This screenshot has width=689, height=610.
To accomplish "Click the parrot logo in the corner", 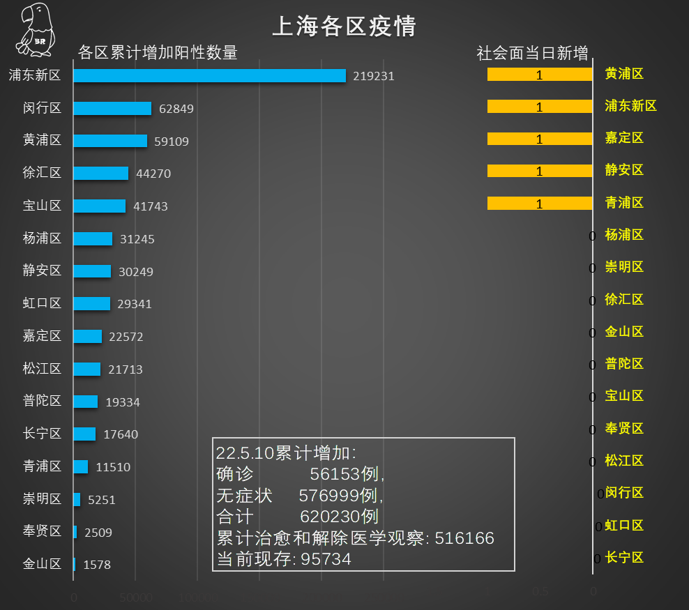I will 33,29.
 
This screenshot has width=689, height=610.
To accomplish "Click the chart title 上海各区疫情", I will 344,26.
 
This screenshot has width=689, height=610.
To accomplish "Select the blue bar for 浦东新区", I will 209,75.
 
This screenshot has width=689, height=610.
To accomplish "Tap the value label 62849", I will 176,109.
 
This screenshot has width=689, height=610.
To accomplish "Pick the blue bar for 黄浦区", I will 110,141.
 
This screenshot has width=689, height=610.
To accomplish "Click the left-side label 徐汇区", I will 42,173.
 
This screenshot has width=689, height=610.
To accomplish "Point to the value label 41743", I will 151,206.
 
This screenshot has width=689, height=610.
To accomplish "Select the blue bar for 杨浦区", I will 93,238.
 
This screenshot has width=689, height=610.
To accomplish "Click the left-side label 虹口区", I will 42,303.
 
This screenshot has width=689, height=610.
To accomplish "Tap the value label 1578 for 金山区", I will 97,565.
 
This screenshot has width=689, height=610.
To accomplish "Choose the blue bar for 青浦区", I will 81,466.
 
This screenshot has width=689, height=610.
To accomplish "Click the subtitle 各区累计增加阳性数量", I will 158,53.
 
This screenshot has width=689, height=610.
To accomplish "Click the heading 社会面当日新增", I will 532,53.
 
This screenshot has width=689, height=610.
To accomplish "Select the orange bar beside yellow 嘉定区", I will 540,139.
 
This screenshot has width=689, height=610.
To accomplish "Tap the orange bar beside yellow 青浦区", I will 540,203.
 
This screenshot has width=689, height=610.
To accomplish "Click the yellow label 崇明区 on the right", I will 624,267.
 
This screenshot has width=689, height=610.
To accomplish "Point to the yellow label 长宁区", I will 624,557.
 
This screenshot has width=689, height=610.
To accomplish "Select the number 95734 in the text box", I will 326,560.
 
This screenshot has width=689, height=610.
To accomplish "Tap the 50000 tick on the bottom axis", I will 135,598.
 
